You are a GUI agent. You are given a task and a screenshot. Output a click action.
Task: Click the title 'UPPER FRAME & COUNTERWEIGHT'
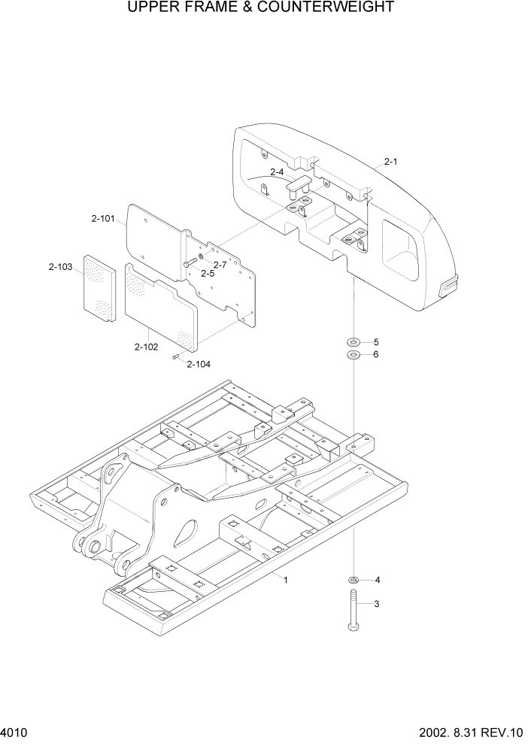260,8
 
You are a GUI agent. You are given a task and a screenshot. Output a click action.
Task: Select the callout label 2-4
277,172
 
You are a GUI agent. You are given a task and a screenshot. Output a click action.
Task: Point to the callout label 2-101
103,220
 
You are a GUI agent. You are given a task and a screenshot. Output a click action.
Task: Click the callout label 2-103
61,267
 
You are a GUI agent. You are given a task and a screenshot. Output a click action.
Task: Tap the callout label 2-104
199,364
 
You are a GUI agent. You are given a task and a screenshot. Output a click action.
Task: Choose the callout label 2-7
220,265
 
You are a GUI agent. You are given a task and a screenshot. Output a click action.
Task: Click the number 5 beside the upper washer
376,342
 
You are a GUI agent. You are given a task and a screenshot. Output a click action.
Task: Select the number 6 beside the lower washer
376,355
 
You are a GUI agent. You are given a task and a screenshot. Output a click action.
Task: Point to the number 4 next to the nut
377,580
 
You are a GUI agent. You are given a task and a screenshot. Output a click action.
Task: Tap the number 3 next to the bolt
377,603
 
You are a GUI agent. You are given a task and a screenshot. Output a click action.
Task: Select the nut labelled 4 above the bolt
353,579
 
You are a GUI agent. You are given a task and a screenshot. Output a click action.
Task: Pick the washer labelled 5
353,342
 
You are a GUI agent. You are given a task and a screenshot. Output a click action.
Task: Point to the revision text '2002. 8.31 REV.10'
471,732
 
